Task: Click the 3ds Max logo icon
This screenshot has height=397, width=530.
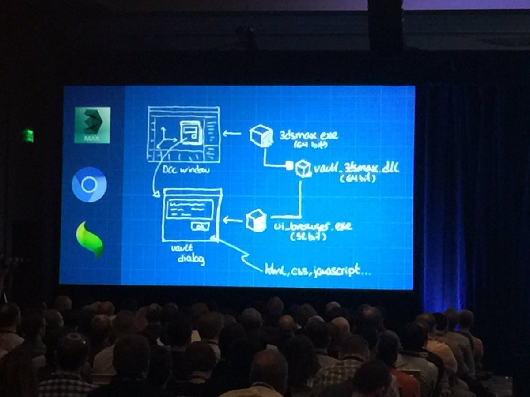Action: click(x=92, y=125)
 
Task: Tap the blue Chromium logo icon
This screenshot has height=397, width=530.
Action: click(x=89, y=184)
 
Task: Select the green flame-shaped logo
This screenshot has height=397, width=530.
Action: click(x=90, y=240)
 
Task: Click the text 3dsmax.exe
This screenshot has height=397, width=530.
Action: click(x=309, y=135)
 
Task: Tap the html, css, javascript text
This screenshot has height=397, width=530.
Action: click(x=317, y=271)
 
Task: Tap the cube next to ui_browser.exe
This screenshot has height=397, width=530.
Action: click(x=256, y=220)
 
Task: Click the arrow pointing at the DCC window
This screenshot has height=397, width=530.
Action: click(x=232, y=133)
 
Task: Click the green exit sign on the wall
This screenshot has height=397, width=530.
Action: click(x=28, y=135)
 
